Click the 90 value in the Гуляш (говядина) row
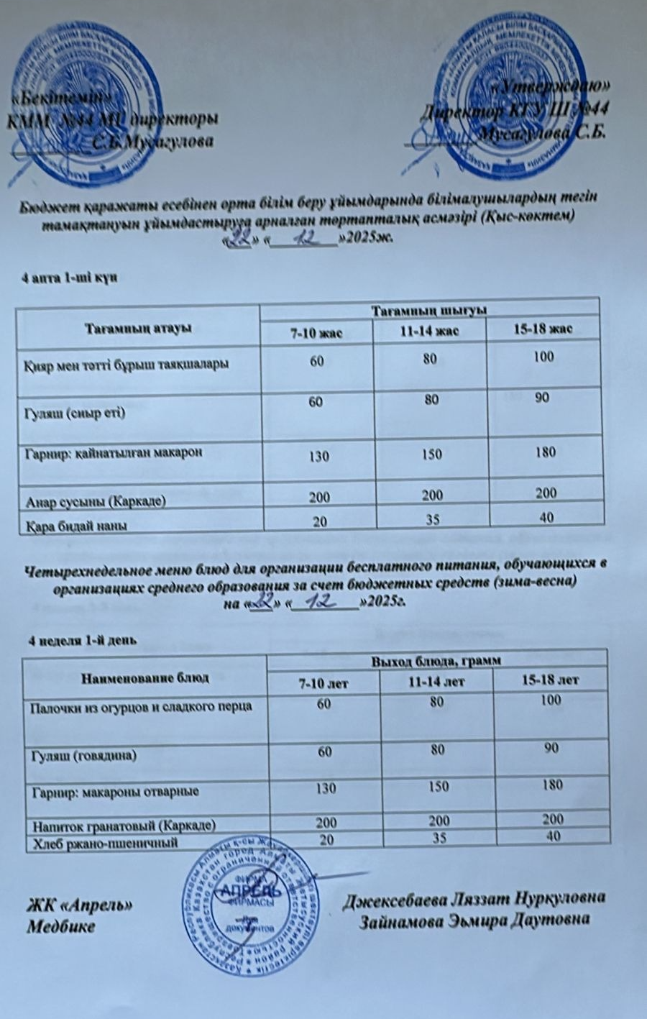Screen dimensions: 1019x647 click(552, 749)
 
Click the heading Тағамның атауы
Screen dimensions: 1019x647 click(138, 329)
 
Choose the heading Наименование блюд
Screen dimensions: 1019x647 click(145, 677)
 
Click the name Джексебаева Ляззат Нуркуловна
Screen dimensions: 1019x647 click(474, 899)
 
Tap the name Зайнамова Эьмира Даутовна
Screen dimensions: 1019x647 click(474, 920)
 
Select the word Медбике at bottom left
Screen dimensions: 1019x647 click(61, 926)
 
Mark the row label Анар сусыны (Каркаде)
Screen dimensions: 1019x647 click(95, 501)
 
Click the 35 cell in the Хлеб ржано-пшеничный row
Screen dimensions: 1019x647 click(439, 837)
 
